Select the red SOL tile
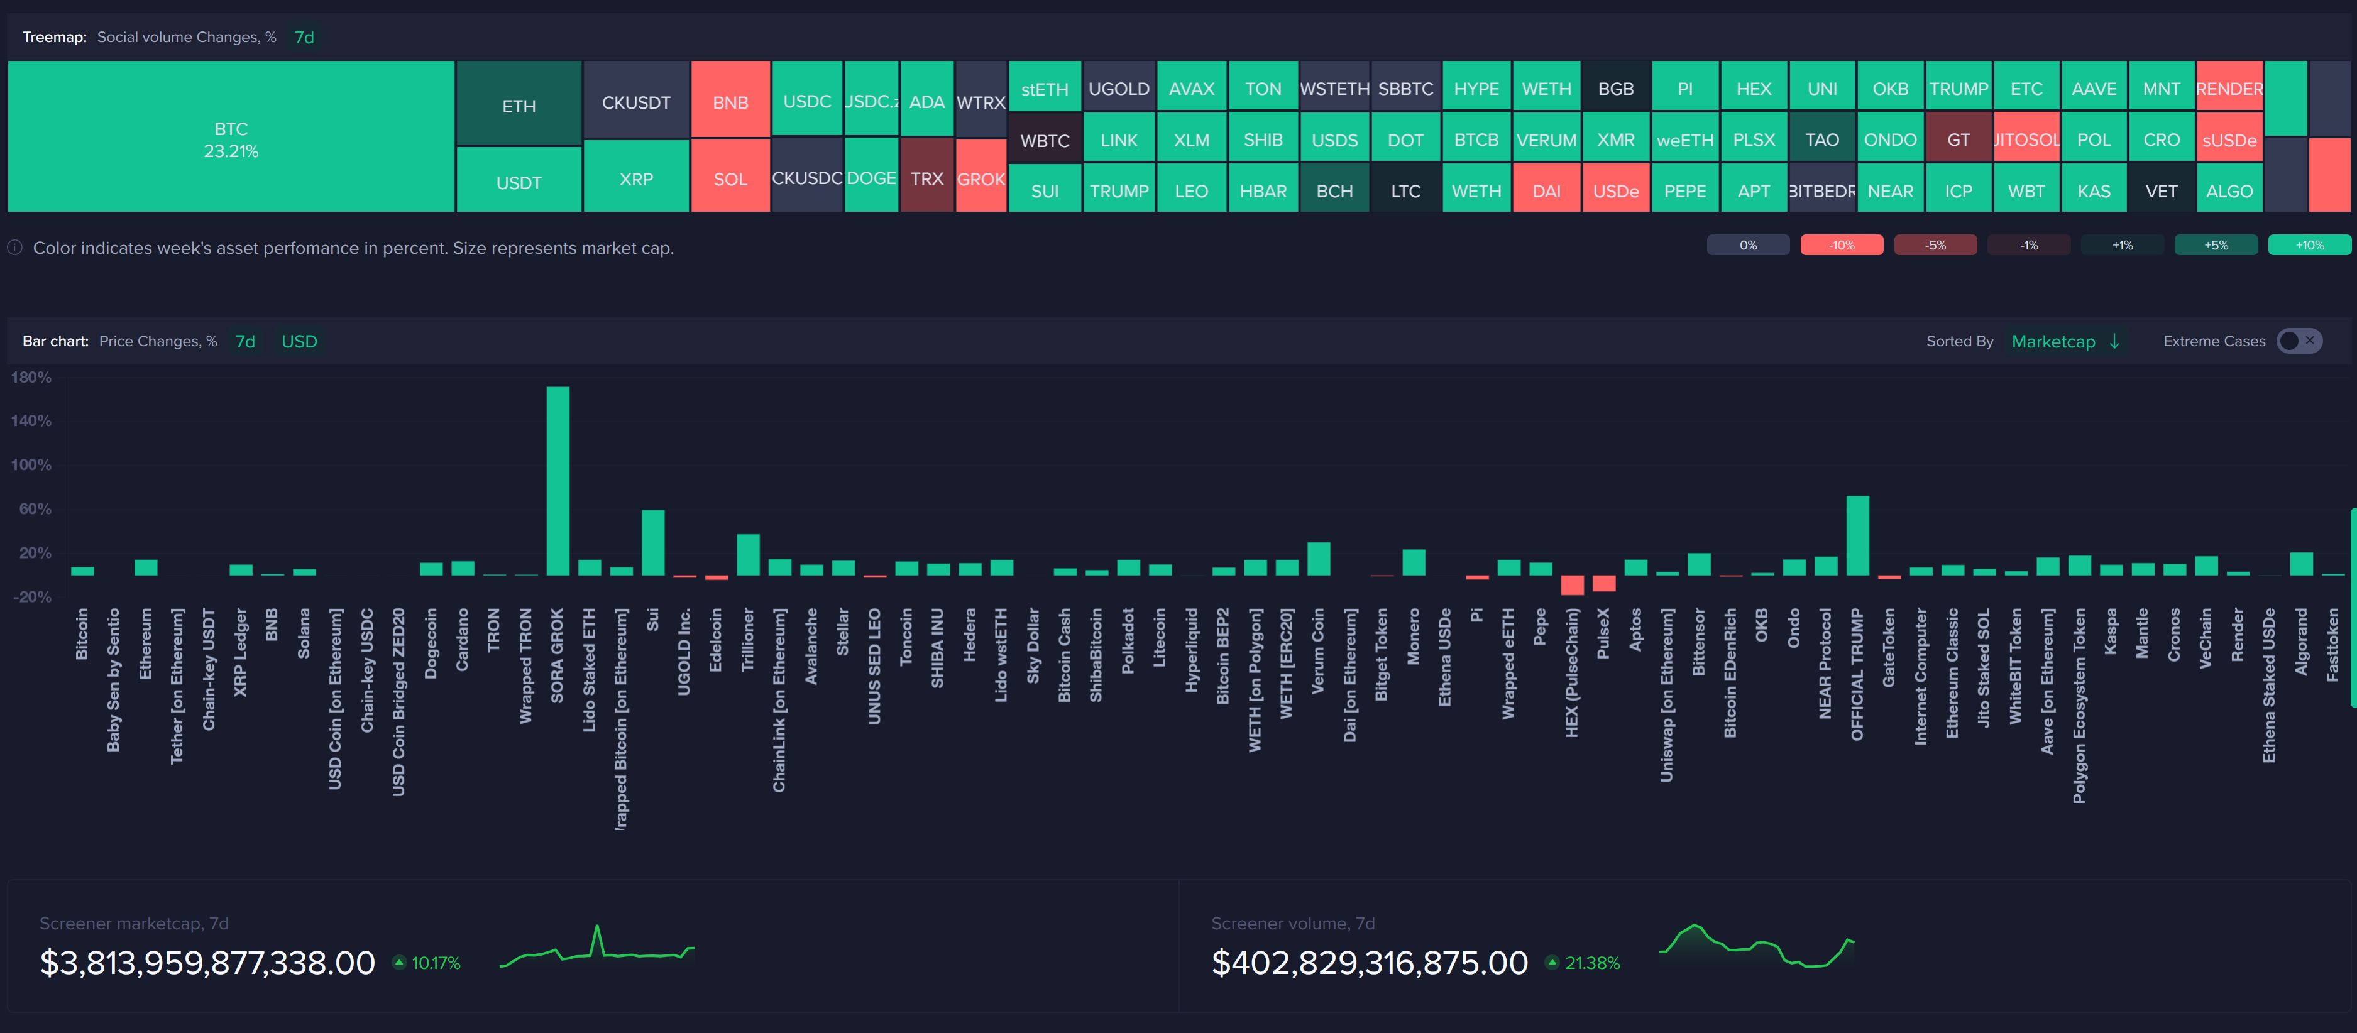pyautogui.click(x=730, y=179)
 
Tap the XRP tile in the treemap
pyautogui.click(x=636, y=179)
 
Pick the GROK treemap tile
pyautogui.click(x=981, y=179)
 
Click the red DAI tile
pyautogui.click(x=1546, y=191)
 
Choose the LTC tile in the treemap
pyautogui.click(x=1405, y=191)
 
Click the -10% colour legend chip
pyautogui.click(x=1841, y=245)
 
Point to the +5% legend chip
pyautogui.click(x=2215, y=245)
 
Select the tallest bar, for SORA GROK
pyautogui.click(x=558, y=480)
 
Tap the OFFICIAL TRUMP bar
pyautogui.click(x=1857, y=535)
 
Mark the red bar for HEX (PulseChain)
pyautogui.click(x=1572, y=584)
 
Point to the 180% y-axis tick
pyautogui.click(x=31, y=377)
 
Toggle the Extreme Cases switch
pyautogui.click(x=2299, y=341)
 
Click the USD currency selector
pyautogui.click(x=299, y=341)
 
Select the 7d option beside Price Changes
pyautogui.click(x=245, y=341)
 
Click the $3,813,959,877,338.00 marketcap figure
pyautogui.click(x=207, y=963)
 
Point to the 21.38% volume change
pyautogui.click(x=1591, y=963)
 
